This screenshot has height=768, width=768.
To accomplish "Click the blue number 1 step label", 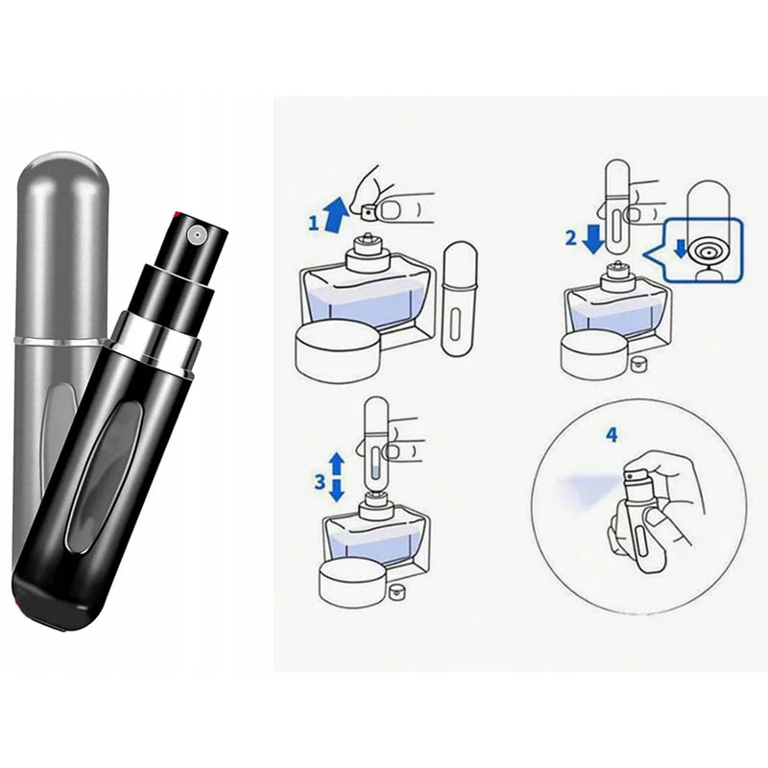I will pos(313,223).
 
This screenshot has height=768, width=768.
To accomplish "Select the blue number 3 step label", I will pos(320,483).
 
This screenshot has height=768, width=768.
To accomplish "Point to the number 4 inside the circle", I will pos(612,434).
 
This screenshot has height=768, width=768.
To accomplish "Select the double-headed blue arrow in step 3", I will pos(337,477).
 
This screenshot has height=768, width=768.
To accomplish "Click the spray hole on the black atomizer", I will pos(194,232).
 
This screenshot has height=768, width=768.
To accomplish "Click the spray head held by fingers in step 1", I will pos(370,205).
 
